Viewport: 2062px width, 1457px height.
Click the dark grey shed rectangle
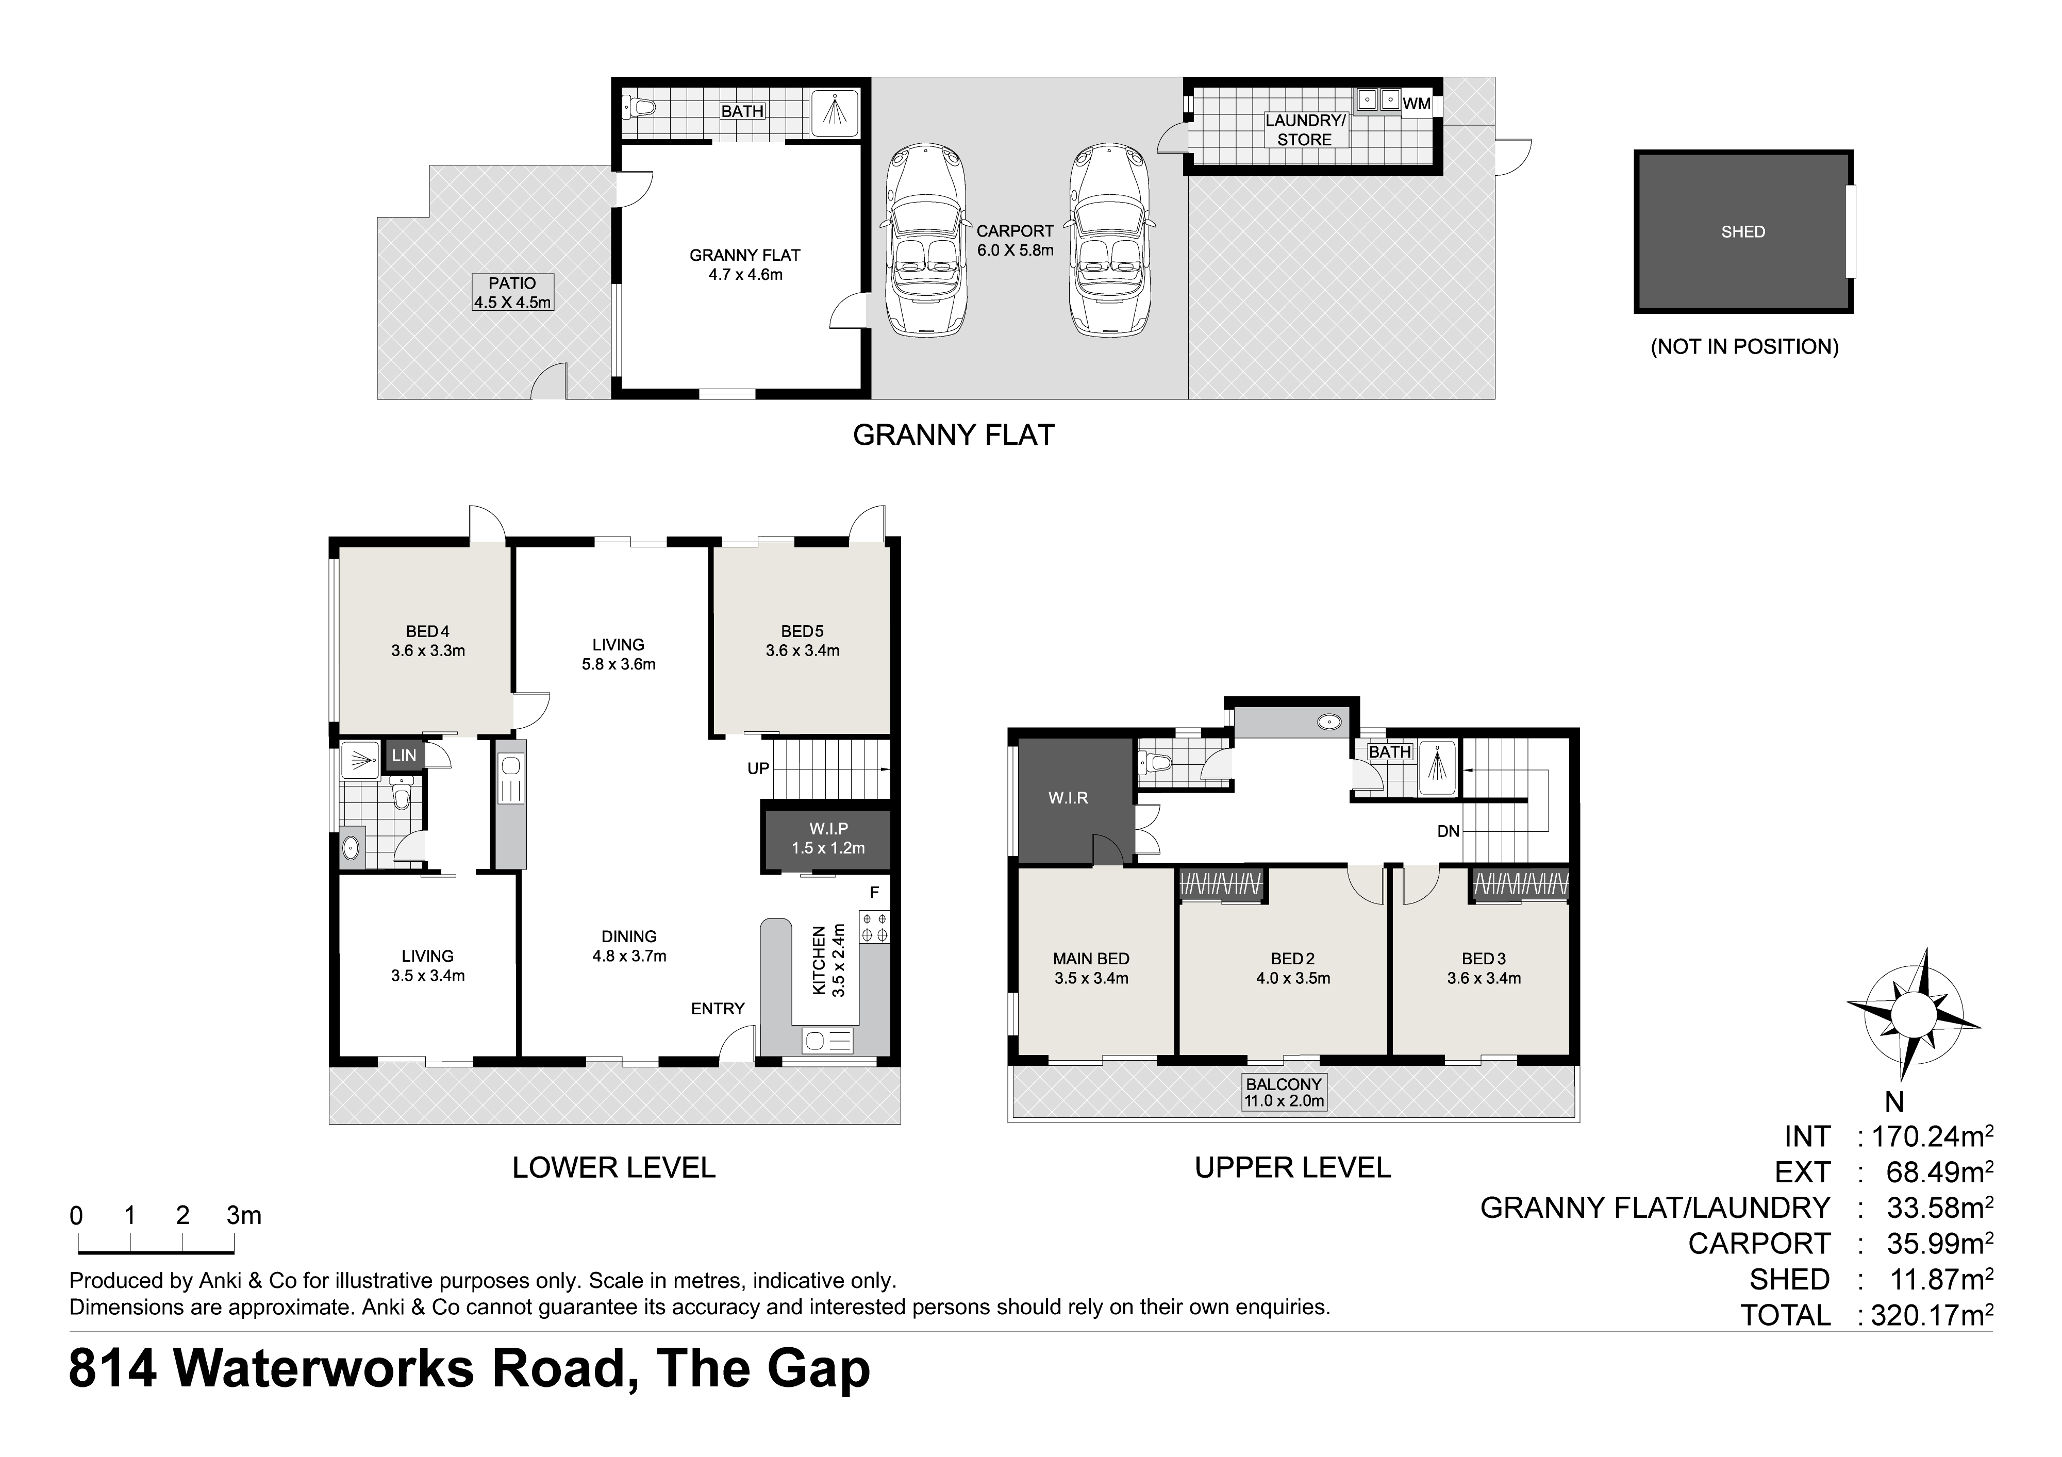1742,231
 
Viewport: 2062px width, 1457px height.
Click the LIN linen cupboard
403,756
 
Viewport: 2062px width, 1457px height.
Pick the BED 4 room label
427,631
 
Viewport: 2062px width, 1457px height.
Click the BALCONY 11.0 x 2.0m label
1284,1093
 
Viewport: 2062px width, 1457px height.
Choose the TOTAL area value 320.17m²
1931,1315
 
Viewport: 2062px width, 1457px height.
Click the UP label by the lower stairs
758,768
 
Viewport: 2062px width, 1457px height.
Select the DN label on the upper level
1448,831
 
